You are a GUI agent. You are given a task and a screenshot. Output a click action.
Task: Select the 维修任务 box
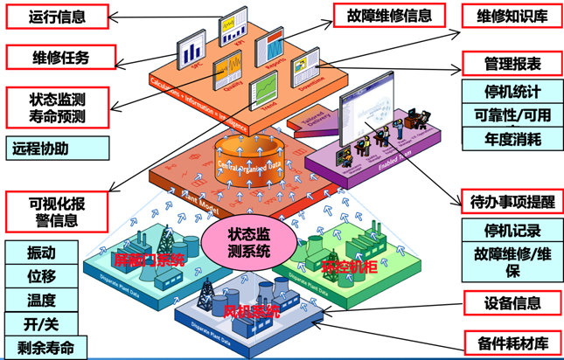59,58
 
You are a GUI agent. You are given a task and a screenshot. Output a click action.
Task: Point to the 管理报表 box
512,64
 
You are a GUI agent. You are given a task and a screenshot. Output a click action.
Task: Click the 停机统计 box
512,91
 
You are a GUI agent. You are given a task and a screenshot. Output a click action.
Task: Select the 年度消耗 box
512,138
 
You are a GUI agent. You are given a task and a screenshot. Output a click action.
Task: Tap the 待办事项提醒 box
512,199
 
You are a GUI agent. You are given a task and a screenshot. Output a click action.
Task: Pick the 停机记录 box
512,231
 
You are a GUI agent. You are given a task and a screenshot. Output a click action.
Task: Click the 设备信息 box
512,303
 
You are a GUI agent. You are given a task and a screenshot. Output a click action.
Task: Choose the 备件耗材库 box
512,342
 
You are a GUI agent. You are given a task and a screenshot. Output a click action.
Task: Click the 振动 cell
41,253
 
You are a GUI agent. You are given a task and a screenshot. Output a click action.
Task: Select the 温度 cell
41,301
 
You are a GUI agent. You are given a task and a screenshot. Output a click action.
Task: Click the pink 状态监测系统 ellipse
247,242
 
